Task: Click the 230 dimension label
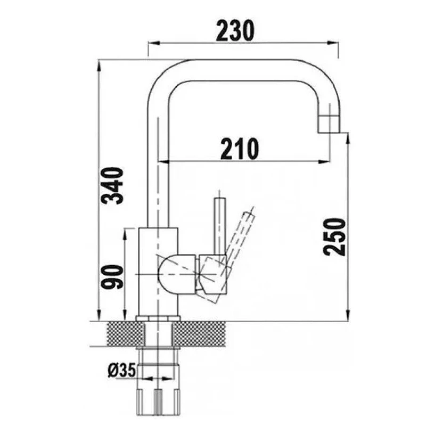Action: tap(235, 31)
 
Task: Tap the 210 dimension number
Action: tap(240, 149)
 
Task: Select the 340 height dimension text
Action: tap(112, 186)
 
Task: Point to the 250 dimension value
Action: tap(334, 237)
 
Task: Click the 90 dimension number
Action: tap(112, 277)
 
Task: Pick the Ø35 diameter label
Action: tap(122, 370)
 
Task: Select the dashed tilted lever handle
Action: tap(241, 234)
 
